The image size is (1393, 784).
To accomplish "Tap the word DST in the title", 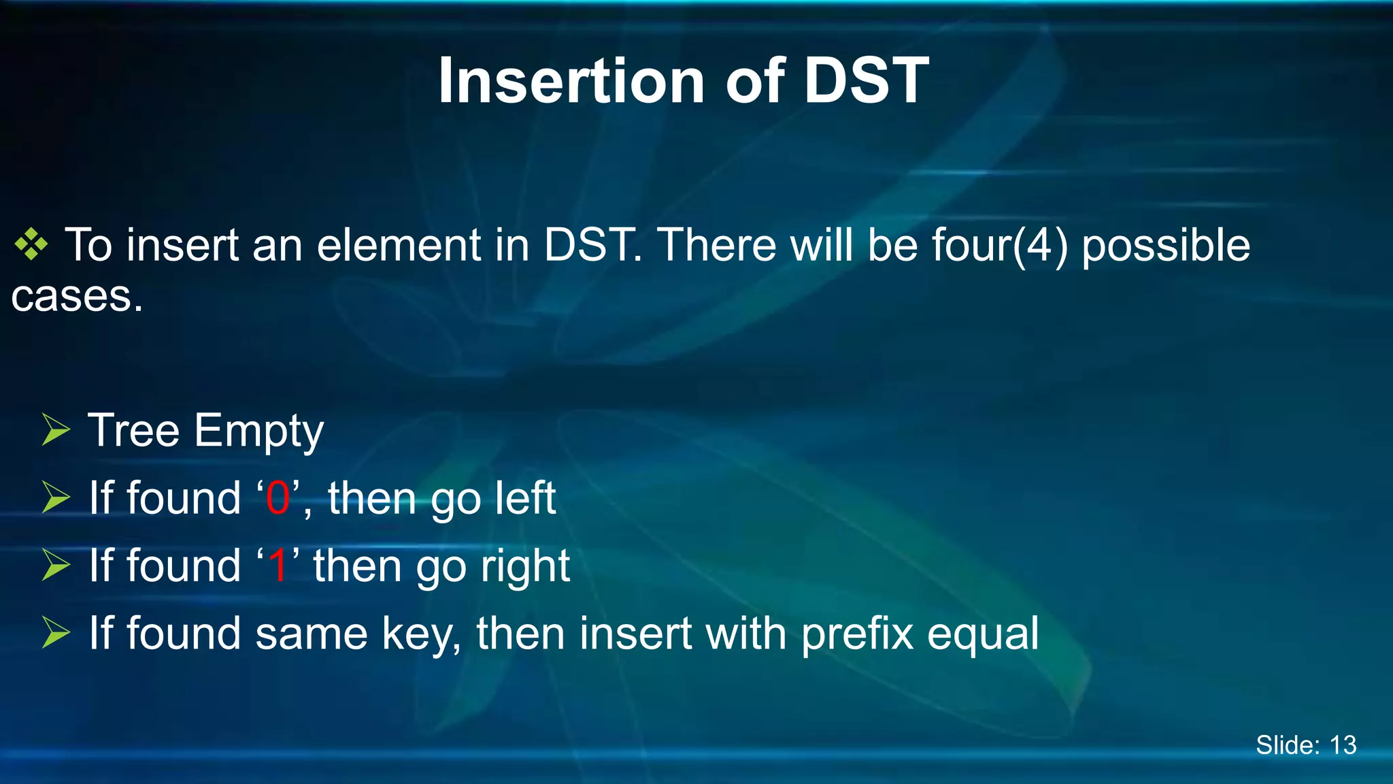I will tap(866, 82).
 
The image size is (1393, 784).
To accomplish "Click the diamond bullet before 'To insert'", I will tap(31, 245).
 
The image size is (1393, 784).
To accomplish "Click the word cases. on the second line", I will tap(77, 297).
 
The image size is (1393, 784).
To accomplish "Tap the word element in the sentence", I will tap(399, 246).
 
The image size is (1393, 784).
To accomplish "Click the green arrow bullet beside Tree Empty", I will tap(56, 430).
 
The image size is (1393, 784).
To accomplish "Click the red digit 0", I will tap(278, 499).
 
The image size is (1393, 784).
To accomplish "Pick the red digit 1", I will tap(278, 566).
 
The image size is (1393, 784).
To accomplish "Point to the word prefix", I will tap(856, 635).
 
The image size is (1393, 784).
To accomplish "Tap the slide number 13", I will tap(1343, 745).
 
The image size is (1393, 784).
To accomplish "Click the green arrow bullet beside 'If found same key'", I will tap(56, 632).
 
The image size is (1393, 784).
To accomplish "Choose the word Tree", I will tap(133, 431).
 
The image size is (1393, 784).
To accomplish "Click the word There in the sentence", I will tap(716, 246).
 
